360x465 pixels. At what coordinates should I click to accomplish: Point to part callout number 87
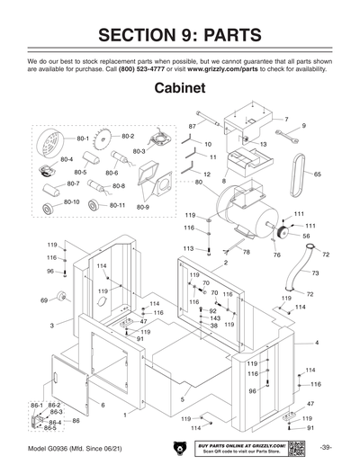click(192, 126)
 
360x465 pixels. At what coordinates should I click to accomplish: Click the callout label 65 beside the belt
click(317, 174)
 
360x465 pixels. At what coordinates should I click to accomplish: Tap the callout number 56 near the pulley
click(306, 236)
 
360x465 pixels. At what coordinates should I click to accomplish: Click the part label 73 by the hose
click(315, 272)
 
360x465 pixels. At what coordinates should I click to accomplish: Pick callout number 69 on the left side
click(43, 300)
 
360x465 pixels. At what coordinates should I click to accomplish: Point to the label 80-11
click(117, 205)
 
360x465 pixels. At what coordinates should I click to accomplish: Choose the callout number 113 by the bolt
click(188, 248)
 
